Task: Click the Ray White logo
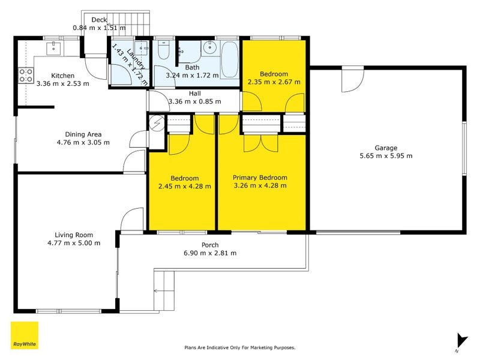(25, 335)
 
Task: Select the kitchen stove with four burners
(26, 76)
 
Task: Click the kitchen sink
(53, 49)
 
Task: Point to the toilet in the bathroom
(164, 50)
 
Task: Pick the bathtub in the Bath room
(230, 59)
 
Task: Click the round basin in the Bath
(209, 48)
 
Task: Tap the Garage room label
(386, 148)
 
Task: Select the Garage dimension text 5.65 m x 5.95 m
(386, 156)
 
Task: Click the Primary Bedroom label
(260, 178)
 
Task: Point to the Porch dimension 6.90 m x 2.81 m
(210, 253)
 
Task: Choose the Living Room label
(74, 235)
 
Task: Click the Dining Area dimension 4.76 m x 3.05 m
(83, 142)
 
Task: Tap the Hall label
(194, 94)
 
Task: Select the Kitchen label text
(63, 76)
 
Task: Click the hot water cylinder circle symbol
(157, 123)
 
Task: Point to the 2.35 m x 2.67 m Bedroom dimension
(274, 82)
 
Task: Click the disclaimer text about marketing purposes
(239, 347)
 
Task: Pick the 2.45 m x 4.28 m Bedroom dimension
(185, 186)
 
